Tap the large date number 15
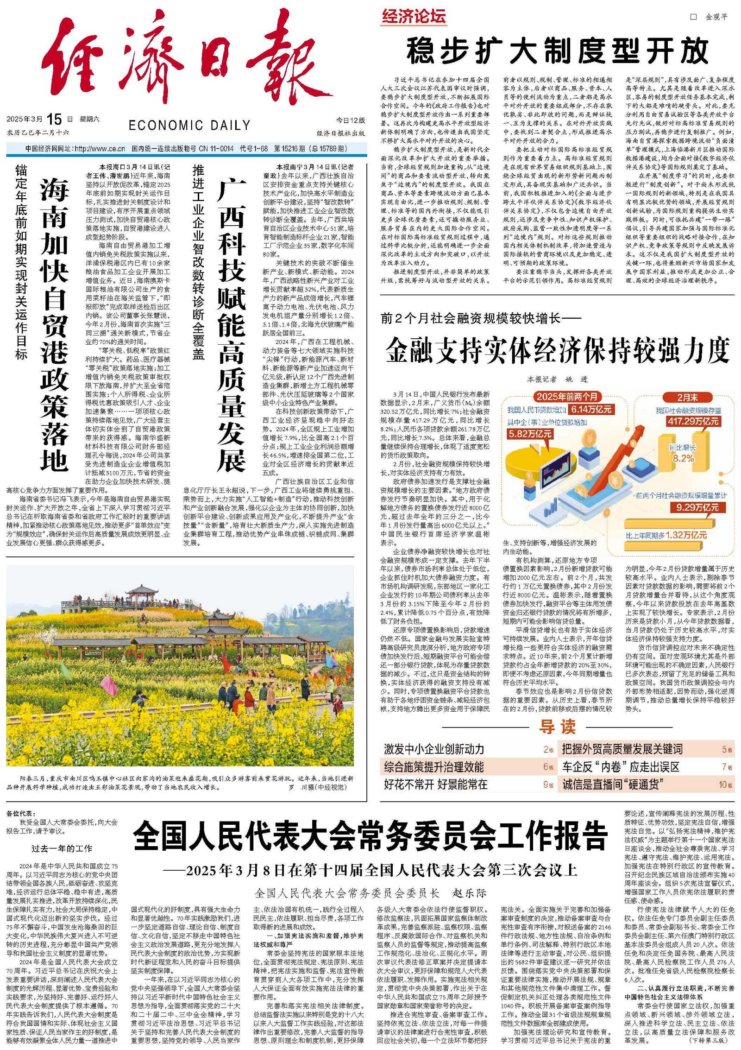coord(54,119)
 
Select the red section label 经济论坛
coord(414,17)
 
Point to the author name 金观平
coord(716,17)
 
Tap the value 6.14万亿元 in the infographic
coord(591,409)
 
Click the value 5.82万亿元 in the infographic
coord(529,433)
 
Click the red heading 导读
coord(557,727)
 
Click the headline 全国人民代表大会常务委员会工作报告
coord(370,835)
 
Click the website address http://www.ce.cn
coord(100,149)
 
